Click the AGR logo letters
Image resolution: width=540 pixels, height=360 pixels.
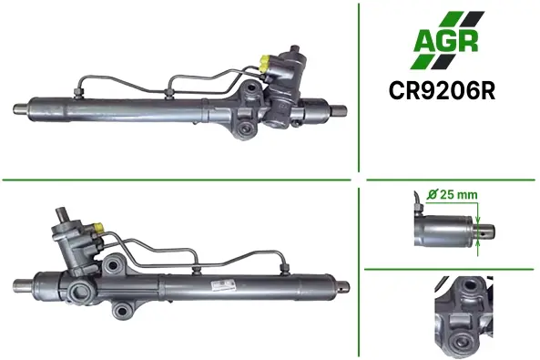[x=446, y=40]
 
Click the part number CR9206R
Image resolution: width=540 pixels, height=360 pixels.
[x=442, y=91]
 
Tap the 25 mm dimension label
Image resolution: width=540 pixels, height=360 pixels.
[x=453, y=195]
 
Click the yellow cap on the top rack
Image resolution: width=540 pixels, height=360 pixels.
[x=266, y=62]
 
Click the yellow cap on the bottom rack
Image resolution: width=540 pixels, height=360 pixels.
[x=98, y=227]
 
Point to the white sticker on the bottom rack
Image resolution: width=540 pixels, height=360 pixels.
[x=222, y=285]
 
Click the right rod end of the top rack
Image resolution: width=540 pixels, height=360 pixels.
[x=339, y=110]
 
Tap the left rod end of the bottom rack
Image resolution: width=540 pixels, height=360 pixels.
[x=23, y=284]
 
